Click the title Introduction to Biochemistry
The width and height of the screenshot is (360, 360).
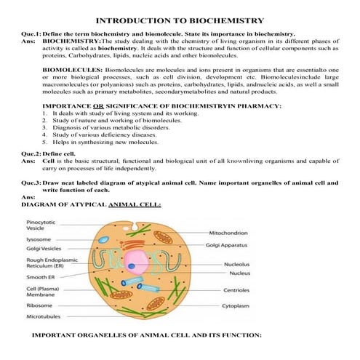pyautogui.click(x=180, y=21)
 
